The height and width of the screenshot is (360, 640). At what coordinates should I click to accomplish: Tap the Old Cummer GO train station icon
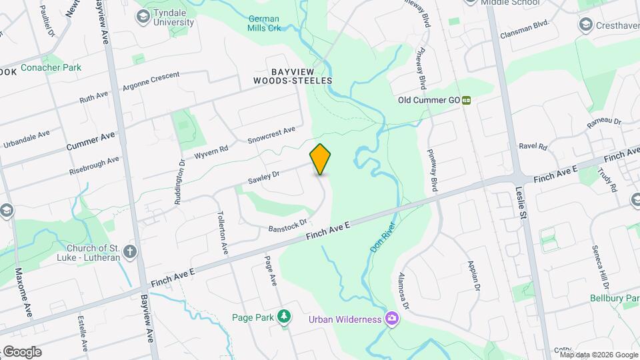(467, 100)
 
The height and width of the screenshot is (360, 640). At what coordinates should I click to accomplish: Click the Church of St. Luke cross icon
(130, 252)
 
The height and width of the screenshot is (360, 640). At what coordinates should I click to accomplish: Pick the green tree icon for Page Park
(285, 317)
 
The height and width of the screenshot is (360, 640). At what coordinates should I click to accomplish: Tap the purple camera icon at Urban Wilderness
(392, 319)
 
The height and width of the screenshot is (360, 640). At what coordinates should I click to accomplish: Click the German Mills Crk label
(265, 23)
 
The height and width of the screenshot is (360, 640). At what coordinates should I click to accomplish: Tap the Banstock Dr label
(287, 226)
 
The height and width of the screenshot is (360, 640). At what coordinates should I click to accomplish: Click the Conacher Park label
(51, 67)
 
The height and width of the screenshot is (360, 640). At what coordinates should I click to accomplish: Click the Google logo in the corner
(21, 351)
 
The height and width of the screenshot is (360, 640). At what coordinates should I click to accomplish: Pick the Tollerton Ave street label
(223, 231)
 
